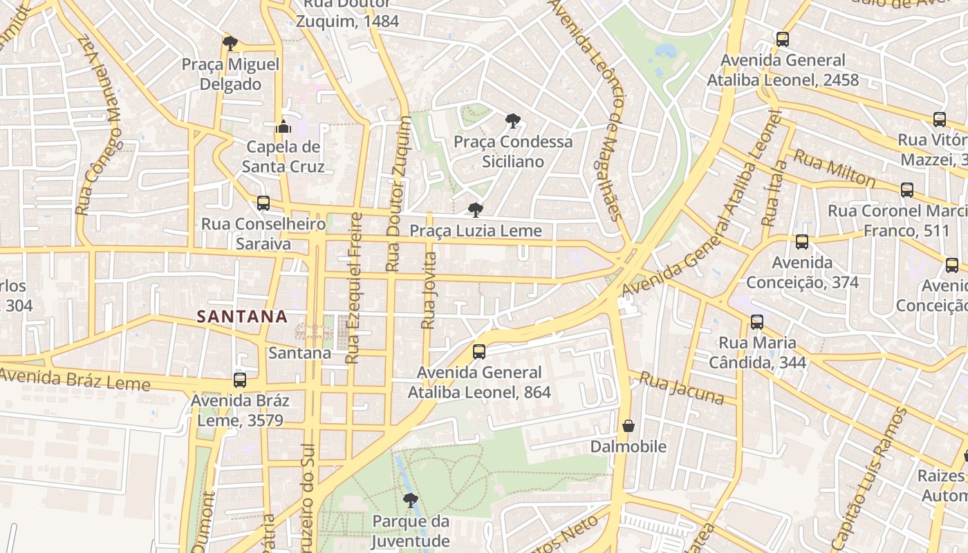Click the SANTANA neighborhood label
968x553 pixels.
point(242,317)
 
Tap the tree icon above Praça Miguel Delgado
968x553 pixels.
point(230,44)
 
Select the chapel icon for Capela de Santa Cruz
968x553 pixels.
point(283,126)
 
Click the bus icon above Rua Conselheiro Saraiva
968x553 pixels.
point(263,203)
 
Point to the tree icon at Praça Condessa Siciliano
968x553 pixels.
point(512,121)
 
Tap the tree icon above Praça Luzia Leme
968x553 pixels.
point(475,210)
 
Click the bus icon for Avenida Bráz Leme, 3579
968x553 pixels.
point(240,380)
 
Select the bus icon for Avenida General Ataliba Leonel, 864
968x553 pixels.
point(479,352)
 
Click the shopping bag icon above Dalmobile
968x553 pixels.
point(629,426)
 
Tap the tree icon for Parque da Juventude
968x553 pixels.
point(411,500)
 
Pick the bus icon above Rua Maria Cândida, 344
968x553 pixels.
point(757,322)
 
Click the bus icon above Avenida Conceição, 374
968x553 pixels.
point(802,242)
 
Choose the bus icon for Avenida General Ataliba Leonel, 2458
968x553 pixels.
point(783,39)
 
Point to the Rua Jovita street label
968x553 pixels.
point(429,290)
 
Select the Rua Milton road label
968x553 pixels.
point(834,168)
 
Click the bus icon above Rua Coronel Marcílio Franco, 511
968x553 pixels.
point(907,189)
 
